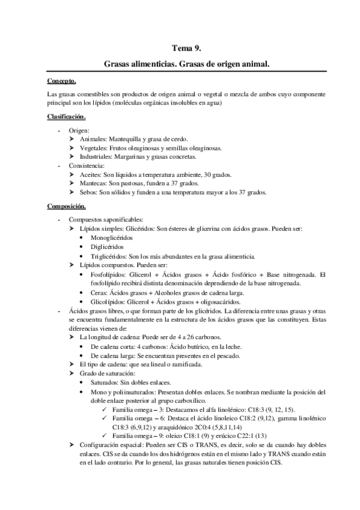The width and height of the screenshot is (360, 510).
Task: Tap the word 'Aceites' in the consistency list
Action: (90, 175)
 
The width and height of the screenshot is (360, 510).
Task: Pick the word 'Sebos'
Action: (88, 192)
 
